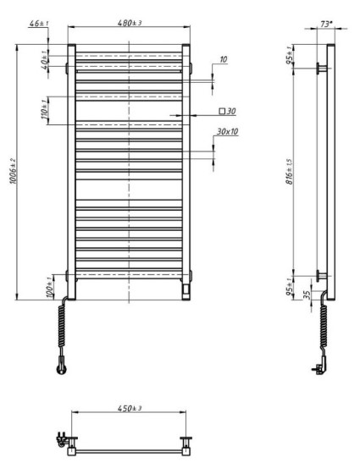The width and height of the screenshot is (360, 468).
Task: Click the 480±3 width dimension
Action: point(129,23)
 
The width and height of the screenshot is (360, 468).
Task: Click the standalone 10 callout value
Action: point(223,60)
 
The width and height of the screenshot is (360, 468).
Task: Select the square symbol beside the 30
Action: point(222,111)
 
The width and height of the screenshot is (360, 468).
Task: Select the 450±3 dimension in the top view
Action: point(129,408)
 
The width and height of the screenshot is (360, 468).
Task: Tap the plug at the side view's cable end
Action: point(319,366)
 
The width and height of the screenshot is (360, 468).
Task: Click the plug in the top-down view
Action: point(62,438)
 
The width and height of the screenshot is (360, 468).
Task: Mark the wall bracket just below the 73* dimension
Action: point(321,69)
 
